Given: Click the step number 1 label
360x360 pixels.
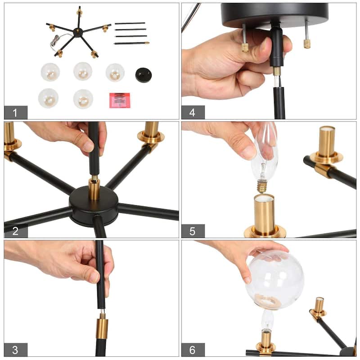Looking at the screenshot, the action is (x=15, y=113).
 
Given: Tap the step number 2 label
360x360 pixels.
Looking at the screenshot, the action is (x=15, y=231).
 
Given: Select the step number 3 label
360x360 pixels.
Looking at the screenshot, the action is (x=15, y=350).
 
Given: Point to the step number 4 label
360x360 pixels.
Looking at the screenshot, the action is (x=193, y=112).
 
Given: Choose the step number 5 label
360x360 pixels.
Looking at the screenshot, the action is (x=193, y=231).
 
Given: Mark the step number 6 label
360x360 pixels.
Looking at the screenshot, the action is (x=193, y=350).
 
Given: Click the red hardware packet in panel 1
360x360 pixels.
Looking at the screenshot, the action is (x=120, y=100).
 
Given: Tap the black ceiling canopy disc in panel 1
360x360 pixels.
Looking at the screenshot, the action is (x=143, y=75).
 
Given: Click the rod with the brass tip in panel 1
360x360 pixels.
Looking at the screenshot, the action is (x=131, y=43).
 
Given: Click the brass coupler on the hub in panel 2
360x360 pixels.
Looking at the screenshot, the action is (x=94, y=189).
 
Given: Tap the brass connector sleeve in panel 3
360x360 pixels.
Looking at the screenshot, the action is (x=102, y=325).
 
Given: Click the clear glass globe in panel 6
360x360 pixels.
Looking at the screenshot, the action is (x=275, y=279).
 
